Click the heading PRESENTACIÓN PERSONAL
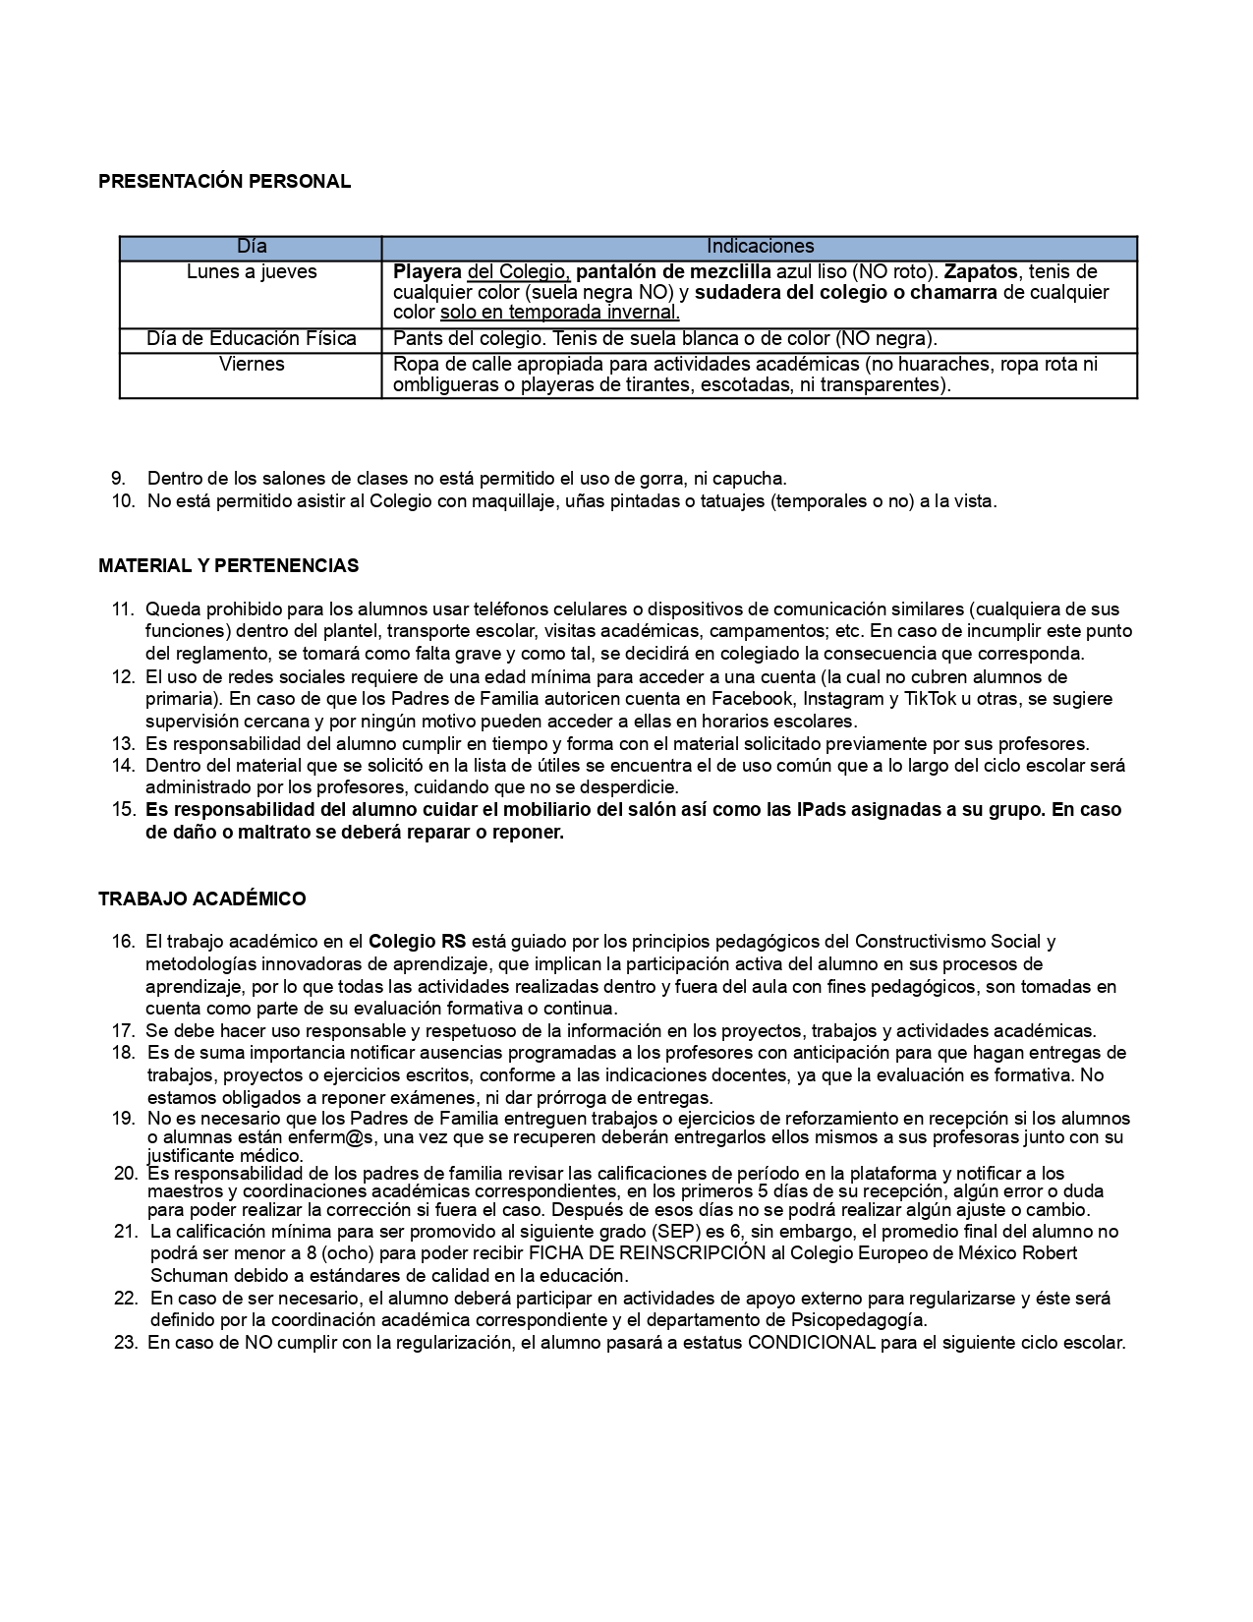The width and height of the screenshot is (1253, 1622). [224, 181]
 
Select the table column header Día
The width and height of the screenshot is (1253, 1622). [252, 247]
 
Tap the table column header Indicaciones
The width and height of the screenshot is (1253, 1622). [760, 247]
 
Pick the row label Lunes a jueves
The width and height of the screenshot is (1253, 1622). [252, 272]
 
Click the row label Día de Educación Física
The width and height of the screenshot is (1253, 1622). [252, 339]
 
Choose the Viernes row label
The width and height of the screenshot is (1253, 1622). [252, 365]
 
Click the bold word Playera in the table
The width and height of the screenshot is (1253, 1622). [427, 272]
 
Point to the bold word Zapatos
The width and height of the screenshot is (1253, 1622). [980, 272]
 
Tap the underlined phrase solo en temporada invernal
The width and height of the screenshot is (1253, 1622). [559, 314]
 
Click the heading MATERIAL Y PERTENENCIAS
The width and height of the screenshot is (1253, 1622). [228, 566]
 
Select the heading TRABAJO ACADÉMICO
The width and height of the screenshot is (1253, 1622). [201, 898]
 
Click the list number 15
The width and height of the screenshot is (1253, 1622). [124, 810]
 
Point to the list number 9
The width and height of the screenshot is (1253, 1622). [118, 479]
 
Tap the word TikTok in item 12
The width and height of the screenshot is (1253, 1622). [974, 699]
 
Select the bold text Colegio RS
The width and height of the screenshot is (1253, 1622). [417, 942]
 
